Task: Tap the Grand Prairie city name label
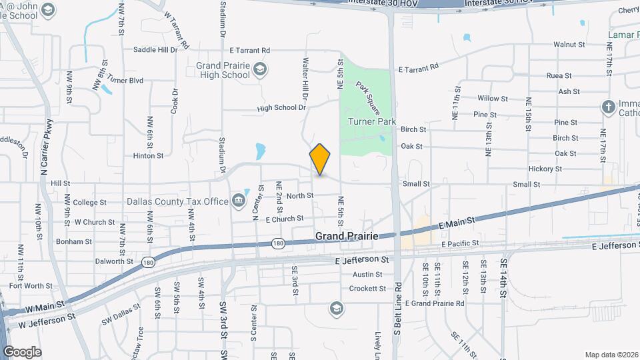coord(347,237)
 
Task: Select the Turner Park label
coord(372,121)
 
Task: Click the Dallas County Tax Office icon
coord(239,201)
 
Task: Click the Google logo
coord(22,351)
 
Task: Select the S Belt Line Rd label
coord(397,313)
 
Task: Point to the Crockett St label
coord(368,289)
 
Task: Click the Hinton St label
coord(148,156)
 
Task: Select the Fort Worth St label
coord(31,286)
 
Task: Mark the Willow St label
coord(493,99)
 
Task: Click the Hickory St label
coord(545,169)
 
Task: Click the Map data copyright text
coord(611,355)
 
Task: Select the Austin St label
coord(367,275)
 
